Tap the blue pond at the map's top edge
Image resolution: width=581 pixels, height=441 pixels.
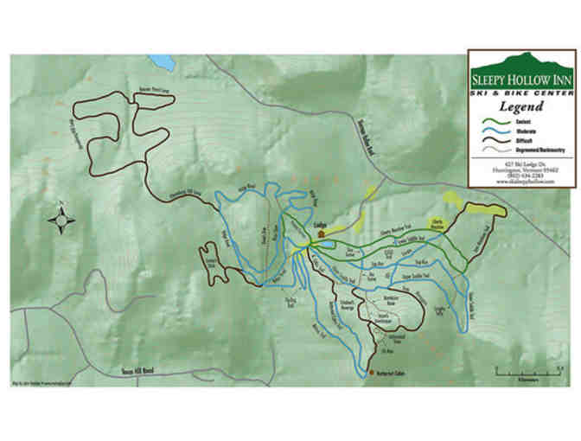(161, 62)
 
